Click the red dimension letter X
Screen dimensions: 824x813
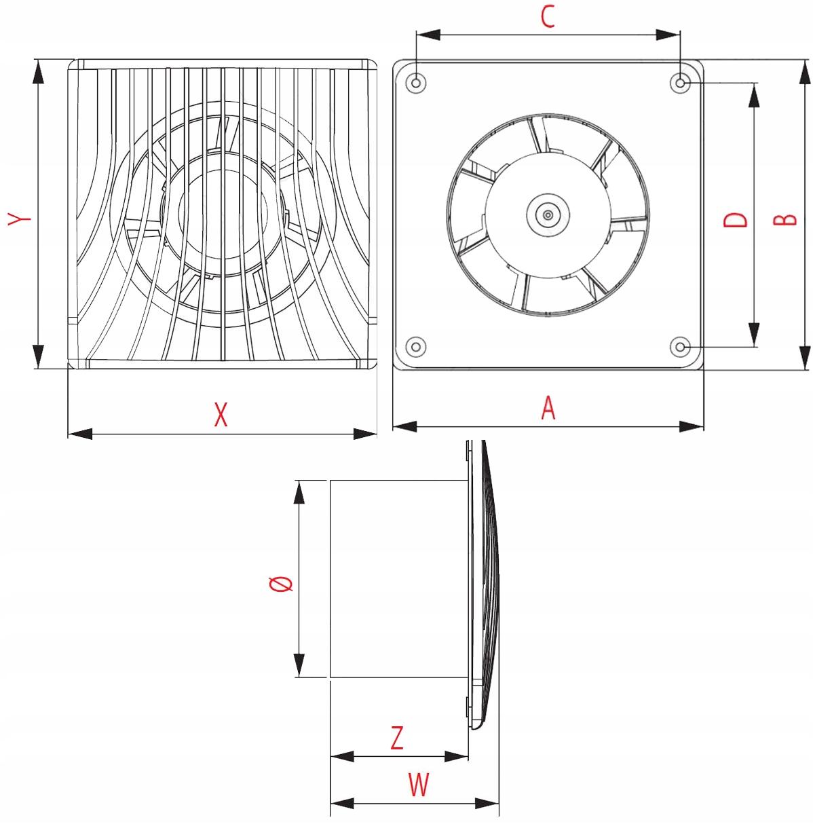(221, 413)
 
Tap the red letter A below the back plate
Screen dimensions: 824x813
(548, 408)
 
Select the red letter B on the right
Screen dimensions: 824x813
(785, 219)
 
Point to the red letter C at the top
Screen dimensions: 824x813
(548, 18)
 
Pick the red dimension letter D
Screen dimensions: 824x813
(735, 219)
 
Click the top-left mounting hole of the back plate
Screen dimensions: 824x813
(417, 83)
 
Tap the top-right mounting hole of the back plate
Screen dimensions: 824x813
(681, 83)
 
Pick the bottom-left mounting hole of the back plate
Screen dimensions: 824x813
(417, 346)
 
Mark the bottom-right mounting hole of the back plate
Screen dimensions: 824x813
(681, 347)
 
